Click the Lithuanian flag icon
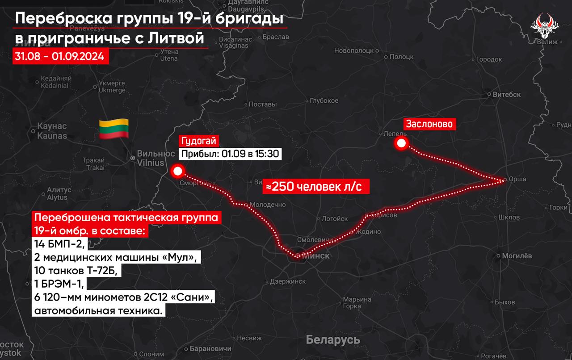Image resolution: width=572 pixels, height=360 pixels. coord(114,129)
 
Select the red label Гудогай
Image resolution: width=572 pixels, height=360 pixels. coord(198,142)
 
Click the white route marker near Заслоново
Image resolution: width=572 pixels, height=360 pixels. coord(401,143)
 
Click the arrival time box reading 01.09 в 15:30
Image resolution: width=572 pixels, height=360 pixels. coord(230,154)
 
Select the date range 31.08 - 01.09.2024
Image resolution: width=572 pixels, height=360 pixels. coord(60,57)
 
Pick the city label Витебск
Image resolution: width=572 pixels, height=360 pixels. coord(506,95)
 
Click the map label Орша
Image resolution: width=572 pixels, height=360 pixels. coord(517,180)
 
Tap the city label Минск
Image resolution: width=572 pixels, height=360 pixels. coord(316,256)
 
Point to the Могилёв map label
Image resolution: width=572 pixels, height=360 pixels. coord(517,256)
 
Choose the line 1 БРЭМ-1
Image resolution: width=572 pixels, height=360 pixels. coord(59,285)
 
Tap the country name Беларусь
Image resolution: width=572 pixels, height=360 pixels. coord(333,340)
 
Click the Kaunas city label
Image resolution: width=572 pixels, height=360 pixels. coord(52,131)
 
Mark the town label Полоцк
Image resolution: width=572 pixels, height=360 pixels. coord(401,57)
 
